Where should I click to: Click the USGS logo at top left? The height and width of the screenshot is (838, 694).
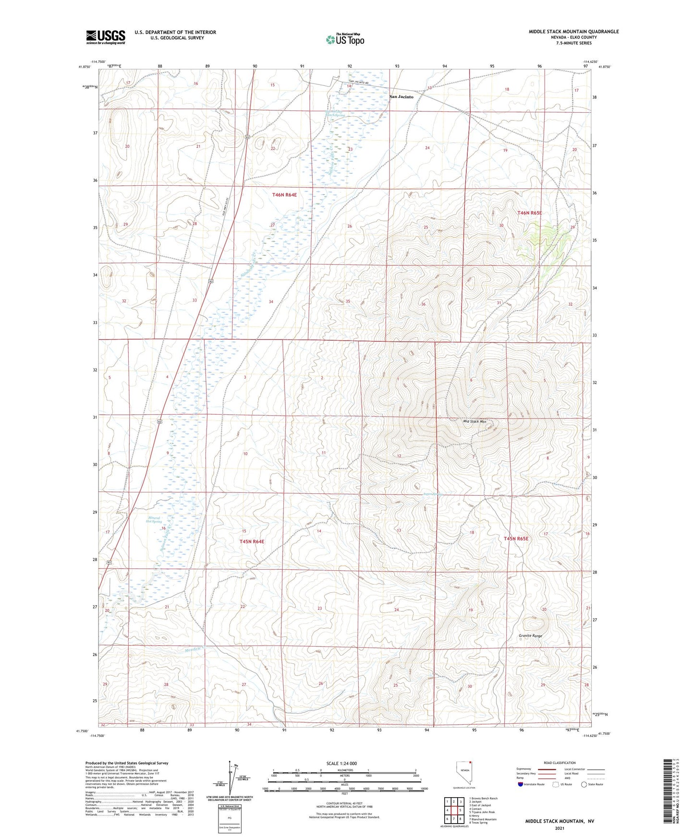pyautogui.click(x=105, y=37)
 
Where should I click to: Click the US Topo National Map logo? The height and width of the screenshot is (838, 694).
pyautogui.click(x=345, y=39)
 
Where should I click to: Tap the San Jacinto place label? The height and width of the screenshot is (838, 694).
pyautogui.click(x=401, y=96)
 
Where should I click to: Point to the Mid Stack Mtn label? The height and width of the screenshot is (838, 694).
pyautogui.click(x=475, y=421)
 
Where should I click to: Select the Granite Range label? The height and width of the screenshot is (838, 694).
pyautogui.click(x=530, y=635)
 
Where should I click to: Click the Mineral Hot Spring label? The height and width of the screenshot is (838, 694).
pyautogui.click(x=155, y=519)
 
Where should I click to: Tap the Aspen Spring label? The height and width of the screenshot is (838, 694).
pyautogui.click(x=432, y=494)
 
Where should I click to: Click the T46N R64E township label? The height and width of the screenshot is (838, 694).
pyautogui.click(x=284, y=195)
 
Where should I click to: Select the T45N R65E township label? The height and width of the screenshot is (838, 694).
pyautogui.click(x=516, y=539)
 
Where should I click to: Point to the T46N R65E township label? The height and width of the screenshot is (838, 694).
pyautogui.click(x=529, y=213)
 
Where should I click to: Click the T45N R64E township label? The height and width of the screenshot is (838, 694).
pyautogui.click(x=252, y=541)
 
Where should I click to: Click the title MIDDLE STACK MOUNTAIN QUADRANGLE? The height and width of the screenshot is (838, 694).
pyautogui.click(x=573, y=32)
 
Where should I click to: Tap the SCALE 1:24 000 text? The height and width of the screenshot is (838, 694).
pyautogui.click(x=341, y=764)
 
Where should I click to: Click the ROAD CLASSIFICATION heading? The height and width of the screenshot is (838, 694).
pyautogui.click(x=560, y=763)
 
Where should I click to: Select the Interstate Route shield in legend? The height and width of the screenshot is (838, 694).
pyautogui.click(x=521, y=784)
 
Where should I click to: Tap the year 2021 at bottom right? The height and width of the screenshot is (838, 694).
pyautogui.click(x=559, y=828)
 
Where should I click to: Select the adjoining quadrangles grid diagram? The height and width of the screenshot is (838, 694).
pyautogui.click(x=454, y=811)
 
